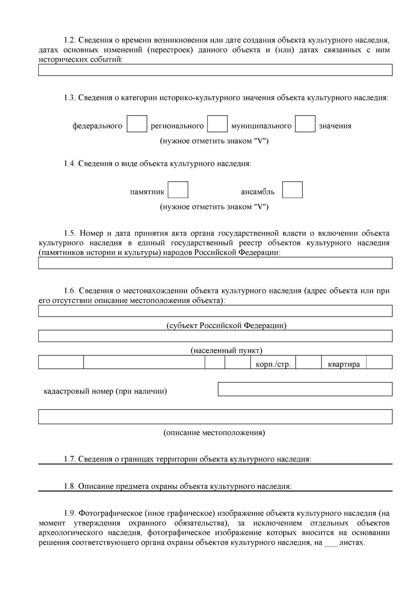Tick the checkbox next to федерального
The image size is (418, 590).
(x=137, y=124)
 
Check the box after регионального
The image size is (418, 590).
(x=217, y=124)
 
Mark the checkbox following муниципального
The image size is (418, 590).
(x=305, y=124)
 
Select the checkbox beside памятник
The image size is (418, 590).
(x=178, y=190)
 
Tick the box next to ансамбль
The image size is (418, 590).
(x=292, y=190)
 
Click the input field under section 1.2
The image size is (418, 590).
(x=215, y=70)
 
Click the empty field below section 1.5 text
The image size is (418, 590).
(x=215, y=263)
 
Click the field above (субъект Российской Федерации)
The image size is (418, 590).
(x=215, y=311)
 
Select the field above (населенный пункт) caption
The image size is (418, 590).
(x=215, y=336)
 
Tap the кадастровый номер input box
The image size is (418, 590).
(x=305, y=389)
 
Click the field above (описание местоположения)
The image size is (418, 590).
(x=215, y=417)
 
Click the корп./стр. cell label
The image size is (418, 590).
(x=273, y=365)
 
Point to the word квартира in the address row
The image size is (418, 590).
(x=343, y=365)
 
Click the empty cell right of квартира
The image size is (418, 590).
(x=379, y=362)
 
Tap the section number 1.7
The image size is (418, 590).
(x=70, y=459)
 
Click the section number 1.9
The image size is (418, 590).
(x=70, y=513)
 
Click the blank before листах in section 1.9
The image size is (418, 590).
(x=331, y=543)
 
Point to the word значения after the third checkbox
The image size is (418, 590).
(x=335, y=126)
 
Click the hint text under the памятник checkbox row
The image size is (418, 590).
(x=214, y=207)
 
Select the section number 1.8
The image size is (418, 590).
(x=70, y=486)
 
